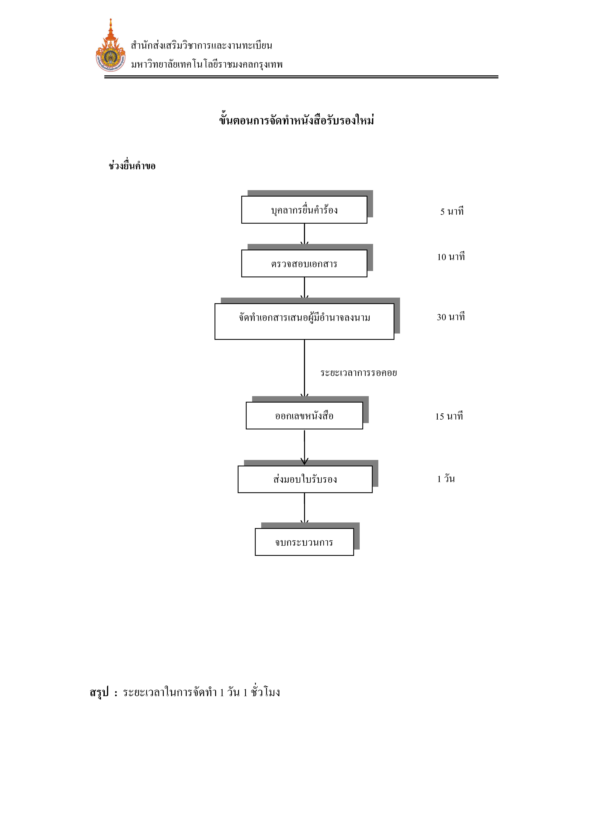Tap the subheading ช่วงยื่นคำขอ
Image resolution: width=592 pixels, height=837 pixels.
pos(132,166)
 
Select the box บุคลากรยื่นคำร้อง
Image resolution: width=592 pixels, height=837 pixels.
pos(304,210)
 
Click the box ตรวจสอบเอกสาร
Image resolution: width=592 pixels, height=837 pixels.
pos(304,263)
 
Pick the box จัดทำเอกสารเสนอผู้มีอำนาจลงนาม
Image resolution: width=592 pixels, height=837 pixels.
pos(304,321)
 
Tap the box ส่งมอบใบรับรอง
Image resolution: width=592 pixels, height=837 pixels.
pos(305,479)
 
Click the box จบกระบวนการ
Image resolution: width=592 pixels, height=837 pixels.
pos(304,542)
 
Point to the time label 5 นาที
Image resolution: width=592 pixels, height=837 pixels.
pos(452,211)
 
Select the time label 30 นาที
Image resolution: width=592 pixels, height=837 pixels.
pos(451,317)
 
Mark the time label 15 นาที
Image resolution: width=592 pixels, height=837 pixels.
pos(449,416)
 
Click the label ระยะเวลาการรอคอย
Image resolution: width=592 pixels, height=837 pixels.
pos(359,373)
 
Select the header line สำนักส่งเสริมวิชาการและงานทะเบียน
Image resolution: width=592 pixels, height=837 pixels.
pos(201,45)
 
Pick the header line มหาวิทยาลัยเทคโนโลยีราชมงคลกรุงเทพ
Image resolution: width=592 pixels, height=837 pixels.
pos(207,65)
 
